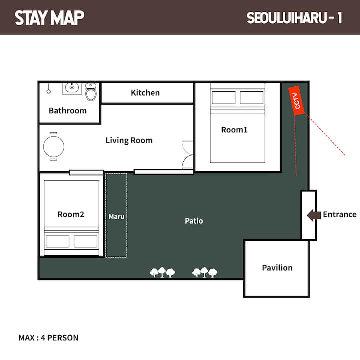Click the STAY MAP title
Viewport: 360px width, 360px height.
pyautogui.click(x=50, y=18)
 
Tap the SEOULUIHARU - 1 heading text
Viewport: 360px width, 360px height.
pyautogui.click(x=294, y=18)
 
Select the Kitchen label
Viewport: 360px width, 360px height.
pyautogui.click(x=145, y=93)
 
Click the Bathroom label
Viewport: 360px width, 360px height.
pyautogui.click(x=68, y=111)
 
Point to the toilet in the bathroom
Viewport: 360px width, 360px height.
pyautogui.click(x=91, y=92)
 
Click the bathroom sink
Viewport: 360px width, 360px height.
pyautogui.click(x=72, y=89)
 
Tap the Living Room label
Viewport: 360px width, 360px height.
pyautogui.click(x=129, y=140)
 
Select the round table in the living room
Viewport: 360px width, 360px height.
pyautogui.click(x=54, y=147)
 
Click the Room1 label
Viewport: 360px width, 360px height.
pyautogui.click(x=234, y=130)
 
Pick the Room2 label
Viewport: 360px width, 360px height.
pyautogui.click(x=71, y=214)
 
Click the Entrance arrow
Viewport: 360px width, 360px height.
pyautogui.click(x=314, y=215)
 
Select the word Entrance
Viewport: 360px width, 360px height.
pyautogui.click(x=340, y=214)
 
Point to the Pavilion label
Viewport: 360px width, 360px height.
pyautogui.click(x=277, y=268)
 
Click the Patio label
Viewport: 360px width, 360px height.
pyautogui.click(x=194, y=221)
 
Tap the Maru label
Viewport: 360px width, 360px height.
pyautogui.click(x=116, y=217)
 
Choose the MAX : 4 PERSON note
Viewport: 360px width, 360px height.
pyautogui.click(x=48, y=338)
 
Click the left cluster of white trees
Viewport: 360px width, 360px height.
pyautogui.click(x=162, y=272)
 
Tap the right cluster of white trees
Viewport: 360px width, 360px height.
pyautogui.click(x=205, y=272)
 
